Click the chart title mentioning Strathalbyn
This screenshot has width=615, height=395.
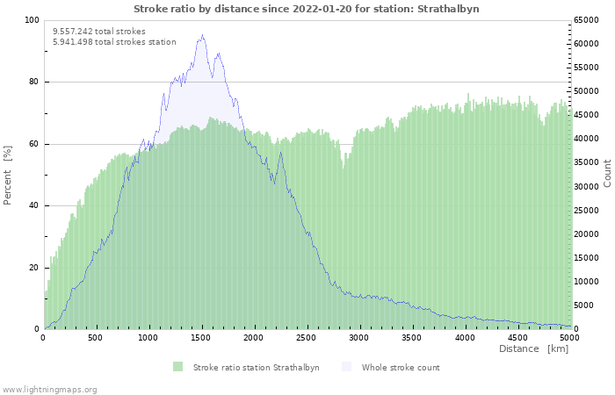[307, 9]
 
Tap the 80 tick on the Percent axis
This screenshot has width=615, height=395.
[33, 83]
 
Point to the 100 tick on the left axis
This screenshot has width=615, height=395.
[32, 20]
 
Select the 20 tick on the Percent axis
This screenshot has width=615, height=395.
[33, 268]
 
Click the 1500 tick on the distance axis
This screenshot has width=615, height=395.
[201, 337]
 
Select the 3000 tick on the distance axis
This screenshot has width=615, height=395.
[359, 337]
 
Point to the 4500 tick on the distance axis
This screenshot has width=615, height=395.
[517, 337]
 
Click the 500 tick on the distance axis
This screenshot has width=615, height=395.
[96, 337]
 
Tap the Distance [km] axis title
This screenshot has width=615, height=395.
[533, 349]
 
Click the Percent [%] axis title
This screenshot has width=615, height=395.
[8, 175]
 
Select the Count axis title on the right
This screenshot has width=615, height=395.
[607, 173]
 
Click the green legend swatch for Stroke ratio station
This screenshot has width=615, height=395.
[178, 367]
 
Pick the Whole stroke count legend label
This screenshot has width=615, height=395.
[401, 368]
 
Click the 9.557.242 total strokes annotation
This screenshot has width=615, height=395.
[99, 31]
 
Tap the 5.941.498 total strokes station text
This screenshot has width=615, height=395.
[114, 41]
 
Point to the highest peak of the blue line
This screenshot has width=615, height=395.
[202, 35]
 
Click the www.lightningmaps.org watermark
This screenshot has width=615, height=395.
[50, 389]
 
